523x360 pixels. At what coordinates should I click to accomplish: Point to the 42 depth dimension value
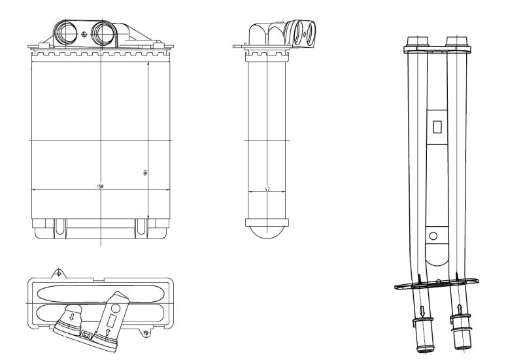267,189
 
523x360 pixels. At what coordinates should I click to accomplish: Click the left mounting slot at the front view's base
61,226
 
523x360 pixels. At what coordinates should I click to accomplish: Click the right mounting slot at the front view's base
141,226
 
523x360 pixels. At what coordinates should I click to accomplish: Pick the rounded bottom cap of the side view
267,229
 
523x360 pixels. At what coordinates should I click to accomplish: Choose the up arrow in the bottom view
108,331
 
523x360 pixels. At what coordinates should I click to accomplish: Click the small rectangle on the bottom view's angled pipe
112,319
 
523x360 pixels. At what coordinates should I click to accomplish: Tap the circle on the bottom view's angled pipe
116,307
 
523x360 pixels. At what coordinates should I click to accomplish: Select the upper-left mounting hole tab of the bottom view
59,271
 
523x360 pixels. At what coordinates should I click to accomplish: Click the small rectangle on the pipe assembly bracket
437,127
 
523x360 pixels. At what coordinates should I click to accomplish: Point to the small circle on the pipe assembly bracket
432,235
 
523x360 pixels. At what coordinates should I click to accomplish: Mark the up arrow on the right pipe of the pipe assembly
460,307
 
